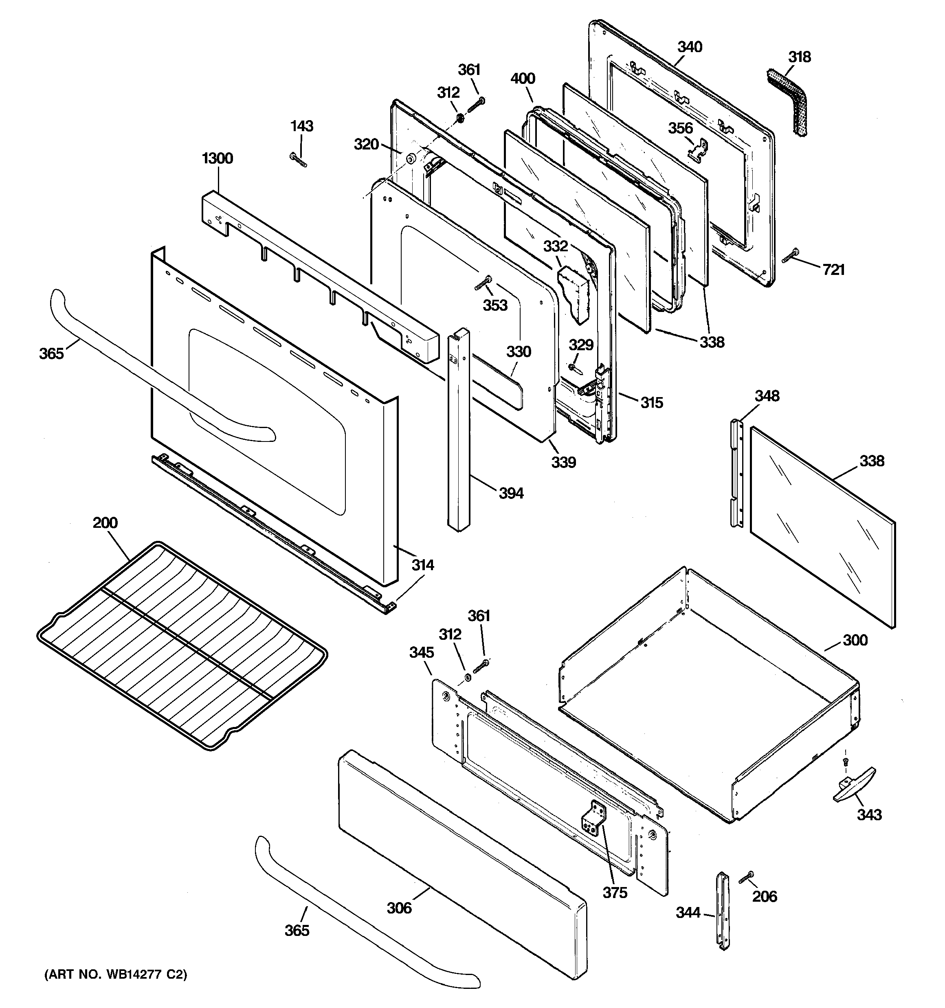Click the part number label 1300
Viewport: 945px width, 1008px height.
[x=217, y=159]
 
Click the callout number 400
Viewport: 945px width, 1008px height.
[x=523, y=79]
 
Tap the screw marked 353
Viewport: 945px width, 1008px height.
[x=484, y=283]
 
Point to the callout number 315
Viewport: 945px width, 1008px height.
[x=651, y=403]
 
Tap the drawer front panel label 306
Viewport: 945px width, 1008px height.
[x=399, y=907]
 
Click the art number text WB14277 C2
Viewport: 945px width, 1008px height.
[x=116, y=974]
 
